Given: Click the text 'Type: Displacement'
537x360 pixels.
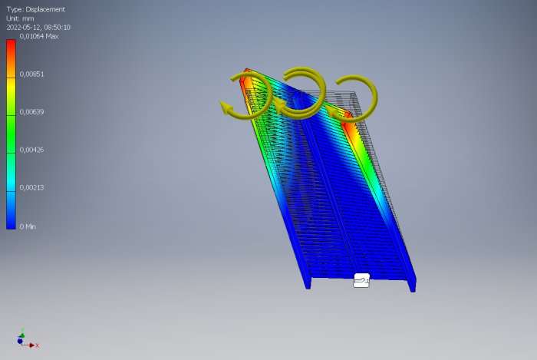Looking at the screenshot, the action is [x=35, y=9].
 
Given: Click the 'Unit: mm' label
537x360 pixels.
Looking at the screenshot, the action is [x=20, y=18].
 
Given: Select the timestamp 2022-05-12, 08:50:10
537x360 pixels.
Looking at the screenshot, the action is [x=38, y=28].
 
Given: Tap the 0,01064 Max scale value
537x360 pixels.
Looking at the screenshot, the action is [x=38, y=36].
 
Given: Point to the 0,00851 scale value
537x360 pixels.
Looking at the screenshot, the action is [x=31, y=74].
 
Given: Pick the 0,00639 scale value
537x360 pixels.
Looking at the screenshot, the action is [x=31, y=111].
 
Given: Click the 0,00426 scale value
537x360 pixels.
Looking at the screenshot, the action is [x=31, y=150].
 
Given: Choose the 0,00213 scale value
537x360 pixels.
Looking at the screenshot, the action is [x=31, y=187].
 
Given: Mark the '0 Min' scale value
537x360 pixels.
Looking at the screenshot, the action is [x=28, y=226].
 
